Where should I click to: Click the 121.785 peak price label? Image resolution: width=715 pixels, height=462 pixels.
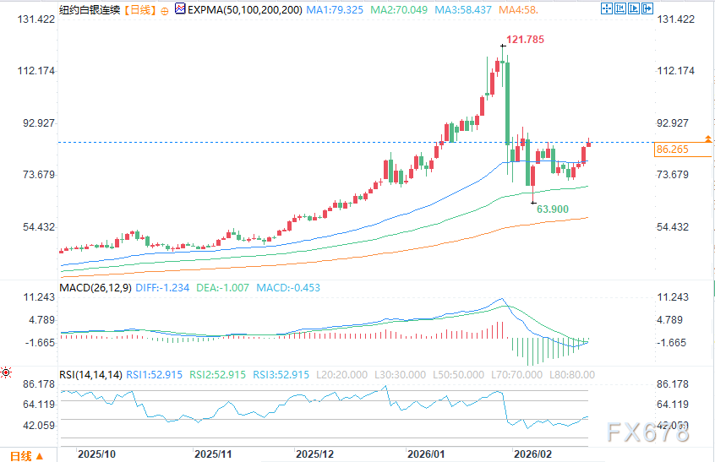(x=526, y=39)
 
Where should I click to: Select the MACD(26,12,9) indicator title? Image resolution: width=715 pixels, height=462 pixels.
(x=96, y=287)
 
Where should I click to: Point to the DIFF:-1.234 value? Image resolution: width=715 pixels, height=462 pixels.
(x=164, y=287)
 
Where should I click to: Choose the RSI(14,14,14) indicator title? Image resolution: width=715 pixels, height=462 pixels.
(x=91, y=374)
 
